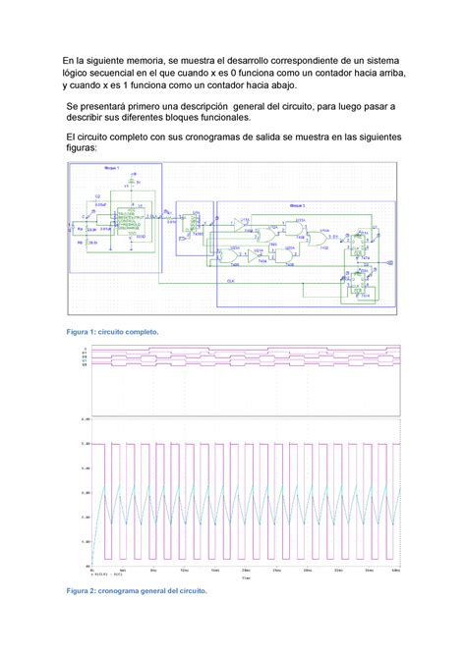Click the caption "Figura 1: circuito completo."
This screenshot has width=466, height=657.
pyautogui.click(x=110, y=332)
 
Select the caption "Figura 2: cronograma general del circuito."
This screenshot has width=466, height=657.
pyautogui.click(x=137, y=592)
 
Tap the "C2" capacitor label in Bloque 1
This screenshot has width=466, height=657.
pyautogui.click(x=97, y=196)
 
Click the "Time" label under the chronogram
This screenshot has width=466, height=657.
pyautogui.click(x=247, y=578)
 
